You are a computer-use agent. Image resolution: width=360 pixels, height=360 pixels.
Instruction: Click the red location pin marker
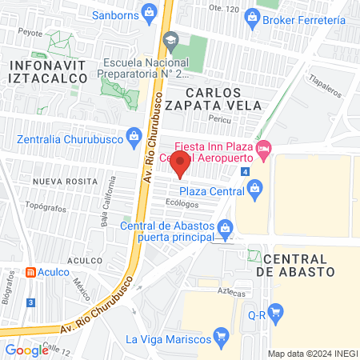[180, 164]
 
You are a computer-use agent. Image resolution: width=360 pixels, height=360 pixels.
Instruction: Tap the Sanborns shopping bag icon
[149, 12]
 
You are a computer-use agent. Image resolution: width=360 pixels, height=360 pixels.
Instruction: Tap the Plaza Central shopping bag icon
[255, 190]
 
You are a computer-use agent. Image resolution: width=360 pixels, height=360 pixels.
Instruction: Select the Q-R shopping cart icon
[276, 313]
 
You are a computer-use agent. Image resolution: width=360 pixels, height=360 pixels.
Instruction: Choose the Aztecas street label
[230, 293]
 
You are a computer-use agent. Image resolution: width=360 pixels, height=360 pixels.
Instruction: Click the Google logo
[26, 350]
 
